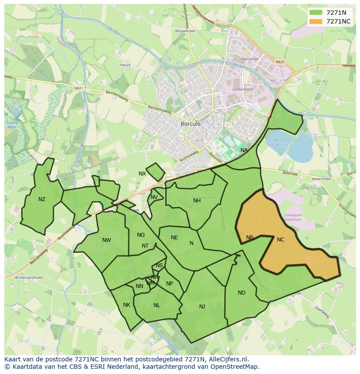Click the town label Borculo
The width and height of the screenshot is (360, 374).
click(x=190, y=124)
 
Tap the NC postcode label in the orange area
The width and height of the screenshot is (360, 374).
click(x=280, y=240)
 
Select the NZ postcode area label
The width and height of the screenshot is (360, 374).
click(x=42, y=199)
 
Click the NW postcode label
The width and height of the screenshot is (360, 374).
click(x=107, y=240)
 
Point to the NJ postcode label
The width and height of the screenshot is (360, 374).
click(x=202, y=307)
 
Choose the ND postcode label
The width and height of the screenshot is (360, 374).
click(x=242, y=293)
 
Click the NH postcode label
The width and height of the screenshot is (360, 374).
click(x=197, y=201)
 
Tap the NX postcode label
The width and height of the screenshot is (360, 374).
click(x=142, y=174)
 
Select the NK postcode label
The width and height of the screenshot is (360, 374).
click(x=127, y=305)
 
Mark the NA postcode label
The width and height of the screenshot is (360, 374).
click(x=244, y=150)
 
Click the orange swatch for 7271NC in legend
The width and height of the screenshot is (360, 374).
click(x=316, y=21)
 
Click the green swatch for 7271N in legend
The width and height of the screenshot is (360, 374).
click(x=316, y=13)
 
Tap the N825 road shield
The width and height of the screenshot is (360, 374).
click(x=280, y=62)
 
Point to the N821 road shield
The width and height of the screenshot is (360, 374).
click(x=78, y=88)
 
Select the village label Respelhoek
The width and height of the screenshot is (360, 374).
click(x=185, y=31)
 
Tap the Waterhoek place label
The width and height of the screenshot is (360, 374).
click(x=321, y=179)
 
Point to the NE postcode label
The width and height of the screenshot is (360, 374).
click(x=174, y=238)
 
